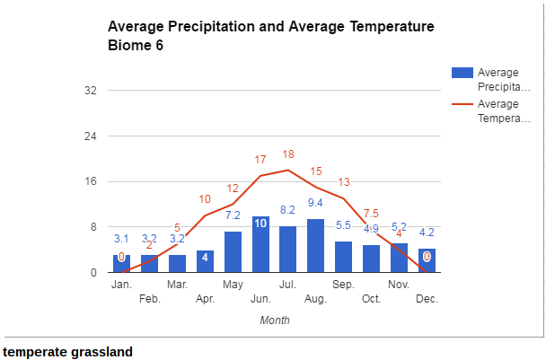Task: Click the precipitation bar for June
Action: pos(260,244)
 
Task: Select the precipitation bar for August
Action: pos(315,245)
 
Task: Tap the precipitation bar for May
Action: pos(233,251)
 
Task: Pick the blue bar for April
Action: pos(205,261)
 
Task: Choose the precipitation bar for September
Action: pos(343,257)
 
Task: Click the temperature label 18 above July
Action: pos(288,154)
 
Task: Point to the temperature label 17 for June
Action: pos(260,160)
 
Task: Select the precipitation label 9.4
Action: pos(315,203)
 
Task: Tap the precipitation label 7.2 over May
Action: pos(233,215)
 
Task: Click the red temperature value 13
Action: pos(344,182)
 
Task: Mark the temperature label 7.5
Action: pos(370,214)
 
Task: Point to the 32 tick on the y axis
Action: pos(91,91)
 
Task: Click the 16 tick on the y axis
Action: pos(91,181)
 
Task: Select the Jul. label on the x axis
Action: pos(287,285)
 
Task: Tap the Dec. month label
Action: pos(427,299)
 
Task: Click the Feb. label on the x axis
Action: pos(149,299)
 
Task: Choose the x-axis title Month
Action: pos(274,320)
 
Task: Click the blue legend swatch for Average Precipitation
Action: pos(461,72)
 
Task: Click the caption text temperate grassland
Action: pos(68,352)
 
